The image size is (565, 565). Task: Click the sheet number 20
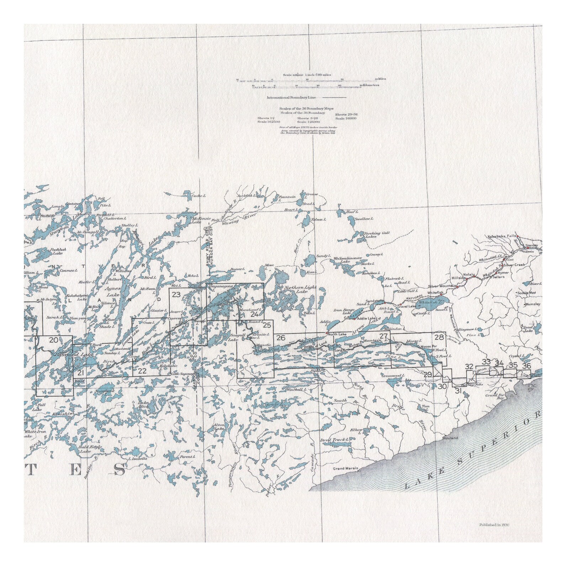[53, 340]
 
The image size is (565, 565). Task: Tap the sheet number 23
[176, 295]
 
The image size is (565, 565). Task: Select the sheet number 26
[281, 338]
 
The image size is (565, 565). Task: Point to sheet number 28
[439, 337]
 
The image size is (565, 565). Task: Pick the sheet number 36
[526, 365]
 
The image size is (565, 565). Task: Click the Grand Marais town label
[345, 469]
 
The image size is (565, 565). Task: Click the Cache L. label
[199, 195]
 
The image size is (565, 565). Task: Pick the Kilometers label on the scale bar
[371, 85]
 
